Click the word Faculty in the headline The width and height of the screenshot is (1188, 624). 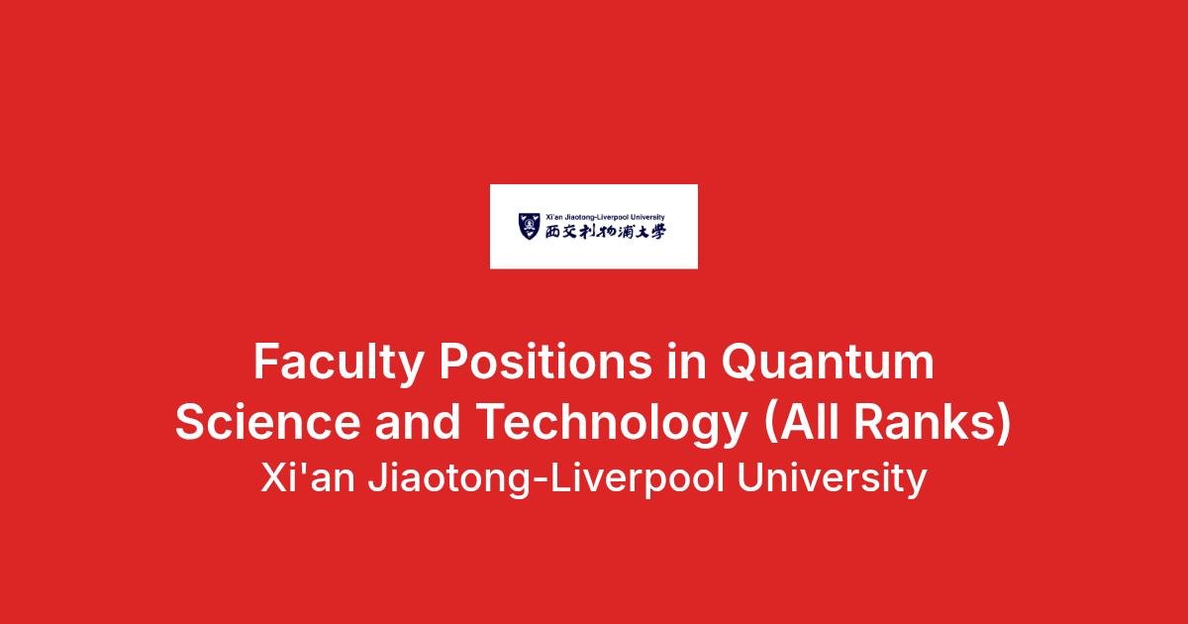pyautogui.click(x=338, y=363)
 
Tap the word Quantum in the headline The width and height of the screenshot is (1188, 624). pyautogui.click(x=828, y=362)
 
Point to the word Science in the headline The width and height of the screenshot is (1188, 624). pyautogui.click(x=268, y=421)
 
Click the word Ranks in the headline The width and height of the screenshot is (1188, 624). pyautogui.click(x=926, y=421)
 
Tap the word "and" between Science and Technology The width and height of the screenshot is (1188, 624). pyautogui.click(x=418, y=421)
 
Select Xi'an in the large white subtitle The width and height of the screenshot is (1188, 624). pyautogui.click(x=308, y=478)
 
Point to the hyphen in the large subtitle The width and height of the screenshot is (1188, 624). pyautogui.click(x=540, y=481)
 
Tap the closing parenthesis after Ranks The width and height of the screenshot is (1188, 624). pyautogui.click(x=1005, y=422)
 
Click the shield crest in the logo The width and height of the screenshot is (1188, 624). pyautogui.click(x=529, y=226)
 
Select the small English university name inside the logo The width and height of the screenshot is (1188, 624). pyautogui.click(x=605, y=217)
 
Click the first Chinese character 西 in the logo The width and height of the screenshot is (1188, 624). pyautogui.click(x=552, y=232)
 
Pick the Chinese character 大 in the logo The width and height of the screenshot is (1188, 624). pyautogui.click(x=643, y=232)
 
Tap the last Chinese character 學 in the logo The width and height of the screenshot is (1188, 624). pyautogui.click(x=658, y=232)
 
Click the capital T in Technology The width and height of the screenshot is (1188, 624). pyautogui.click(x=494, y=422)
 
